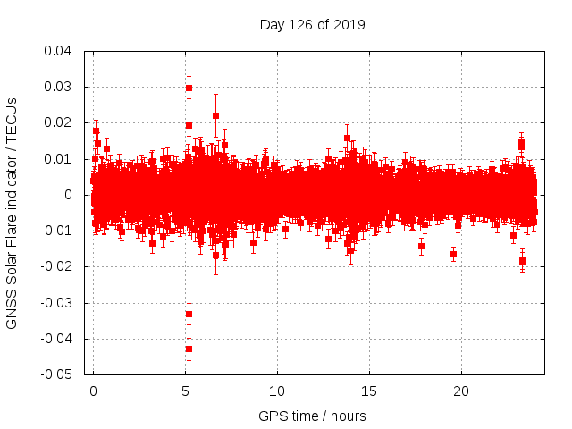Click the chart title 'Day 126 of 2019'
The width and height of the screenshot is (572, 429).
(x=312, y=24)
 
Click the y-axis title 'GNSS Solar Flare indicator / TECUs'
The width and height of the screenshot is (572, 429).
(x=12, y=212)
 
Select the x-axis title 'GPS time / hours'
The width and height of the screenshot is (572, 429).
(x=312, y=416)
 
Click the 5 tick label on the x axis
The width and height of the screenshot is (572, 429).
(x=185, y=391)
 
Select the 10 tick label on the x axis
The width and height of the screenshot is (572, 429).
(x=277, y=391)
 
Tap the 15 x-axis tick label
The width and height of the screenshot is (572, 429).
(x=369, y=391)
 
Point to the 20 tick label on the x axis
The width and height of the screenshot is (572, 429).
(x=461, y=391)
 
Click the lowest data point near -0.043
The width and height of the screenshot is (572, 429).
(x=189, y=349)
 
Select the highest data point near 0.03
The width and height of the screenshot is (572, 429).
(x=189, y=88)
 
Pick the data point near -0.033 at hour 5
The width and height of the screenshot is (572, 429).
(x=189, y=314)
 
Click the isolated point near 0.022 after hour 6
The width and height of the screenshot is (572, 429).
(x=215, y=115)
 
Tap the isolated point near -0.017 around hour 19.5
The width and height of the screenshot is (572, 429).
(x=453, y=254)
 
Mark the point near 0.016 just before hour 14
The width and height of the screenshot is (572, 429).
(x=347, y=138)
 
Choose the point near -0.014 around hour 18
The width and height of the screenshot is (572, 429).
(x=421, y=246)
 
